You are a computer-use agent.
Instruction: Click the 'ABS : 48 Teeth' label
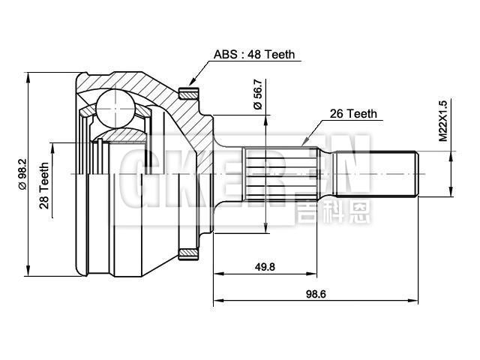pos(254,55)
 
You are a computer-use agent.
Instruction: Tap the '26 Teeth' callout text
pos(353,114)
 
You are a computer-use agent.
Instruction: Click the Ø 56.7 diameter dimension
pos(258,94)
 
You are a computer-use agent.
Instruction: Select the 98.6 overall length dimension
pos(315,294)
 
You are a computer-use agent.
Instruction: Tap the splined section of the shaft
pos(289,174)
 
